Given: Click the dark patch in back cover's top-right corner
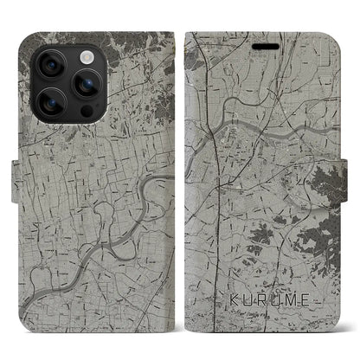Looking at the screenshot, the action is (156, 43).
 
